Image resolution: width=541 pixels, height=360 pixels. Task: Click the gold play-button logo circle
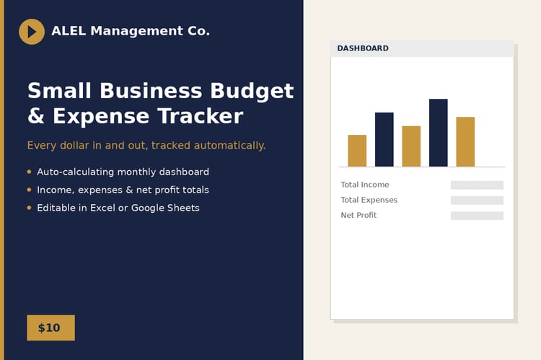pos(32,32)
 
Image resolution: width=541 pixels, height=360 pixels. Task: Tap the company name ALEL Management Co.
pos(131,31)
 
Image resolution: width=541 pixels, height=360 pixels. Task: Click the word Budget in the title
pos(252,92)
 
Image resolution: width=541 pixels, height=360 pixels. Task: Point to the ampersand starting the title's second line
pos(36,116)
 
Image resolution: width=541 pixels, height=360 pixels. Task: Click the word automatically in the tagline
pos(229,146)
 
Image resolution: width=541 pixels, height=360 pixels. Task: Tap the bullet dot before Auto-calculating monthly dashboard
pos(30,172)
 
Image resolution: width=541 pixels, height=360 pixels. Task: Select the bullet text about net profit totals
pos(123,190)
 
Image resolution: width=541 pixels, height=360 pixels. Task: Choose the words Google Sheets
pos(165,208)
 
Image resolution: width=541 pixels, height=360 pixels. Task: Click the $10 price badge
pos(51,328)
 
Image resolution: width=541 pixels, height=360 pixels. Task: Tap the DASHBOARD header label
pos(363,48)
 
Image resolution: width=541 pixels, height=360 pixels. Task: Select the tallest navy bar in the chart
pos(438,133)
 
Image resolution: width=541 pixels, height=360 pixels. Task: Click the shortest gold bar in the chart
pos(357,151)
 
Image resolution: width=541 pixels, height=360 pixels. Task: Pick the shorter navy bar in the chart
pos(384,139)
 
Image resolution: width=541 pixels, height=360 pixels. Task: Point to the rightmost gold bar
pos(465,142)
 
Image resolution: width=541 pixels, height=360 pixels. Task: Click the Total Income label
pos(365,185)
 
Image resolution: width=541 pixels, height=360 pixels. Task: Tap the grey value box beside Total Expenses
pos(478,200)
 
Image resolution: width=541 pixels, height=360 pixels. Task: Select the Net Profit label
pos(359,215)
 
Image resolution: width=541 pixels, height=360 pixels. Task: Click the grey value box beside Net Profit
pos(478,216)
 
